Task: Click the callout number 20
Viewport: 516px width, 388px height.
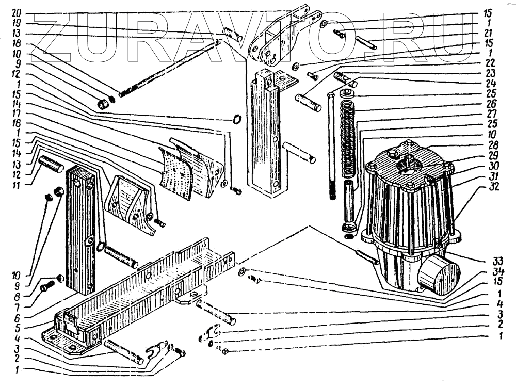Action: click(17, 12)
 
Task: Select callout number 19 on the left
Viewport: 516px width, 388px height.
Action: click(17, 23)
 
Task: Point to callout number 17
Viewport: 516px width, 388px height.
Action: click(17, 113)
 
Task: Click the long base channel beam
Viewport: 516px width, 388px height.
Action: click(144, 289)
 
